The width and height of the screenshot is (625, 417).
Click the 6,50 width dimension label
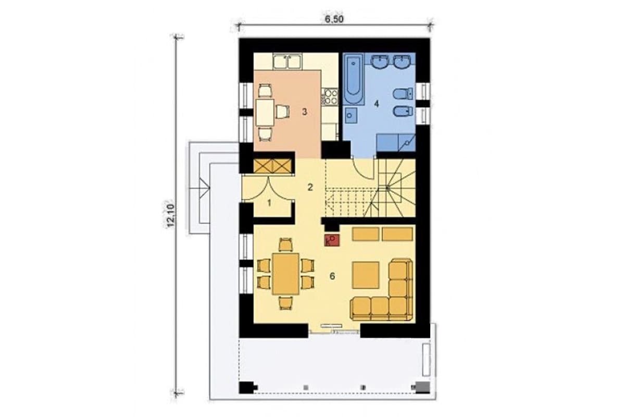click(334, 19)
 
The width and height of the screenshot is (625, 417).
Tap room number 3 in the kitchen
click(304, 112)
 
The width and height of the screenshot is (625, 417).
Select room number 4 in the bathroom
click(377, 104)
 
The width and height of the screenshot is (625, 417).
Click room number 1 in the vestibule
click(269, 203)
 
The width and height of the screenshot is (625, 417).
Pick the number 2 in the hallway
click(310, 188)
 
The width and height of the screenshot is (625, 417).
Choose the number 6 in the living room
click(332, 276)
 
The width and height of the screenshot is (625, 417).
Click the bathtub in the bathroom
click(354, 79)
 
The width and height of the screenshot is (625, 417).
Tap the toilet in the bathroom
click(403, 94)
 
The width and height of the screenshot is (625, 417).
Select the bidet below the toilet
click(403, 112)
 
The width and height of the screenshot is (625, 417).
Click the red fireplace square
click(332, 240)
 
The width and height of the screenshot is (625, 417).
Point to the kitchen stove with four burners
click(330, 96)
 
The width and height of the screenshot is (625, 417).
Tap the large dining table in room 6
click(286, 274)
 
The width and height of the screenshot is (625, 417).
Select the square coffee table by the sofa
click(366, 275)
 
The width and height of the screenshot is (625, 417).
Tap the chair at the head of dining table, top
click(286, 244)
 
